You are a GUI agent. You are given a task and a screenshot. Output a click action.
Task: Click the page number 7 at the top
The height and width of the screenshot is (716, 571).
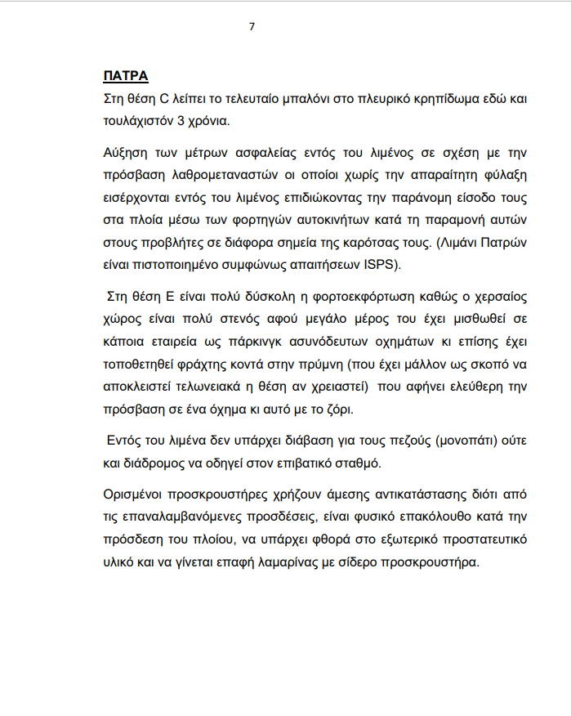click(x=252, y=27)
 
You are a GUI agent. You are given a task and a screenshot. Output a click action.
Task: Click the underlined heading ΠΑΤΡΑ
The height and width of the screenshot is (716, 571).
click(x=125, y=76)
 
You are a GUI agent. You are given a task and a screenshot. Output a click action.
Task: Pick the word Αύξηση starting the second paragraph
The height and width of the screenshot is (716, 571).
click(x=125, y=153)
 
